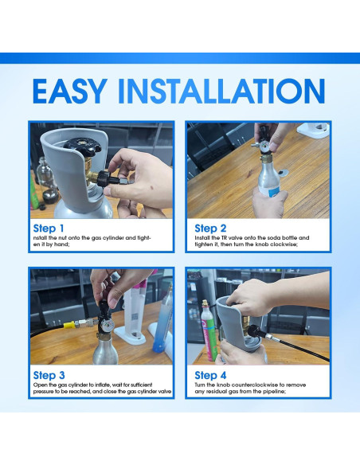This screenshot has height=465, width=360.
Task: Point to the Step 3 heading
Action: (x=55, y=375)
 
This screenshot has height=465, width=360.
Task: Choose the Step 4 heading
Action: (x=211, y=375)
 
